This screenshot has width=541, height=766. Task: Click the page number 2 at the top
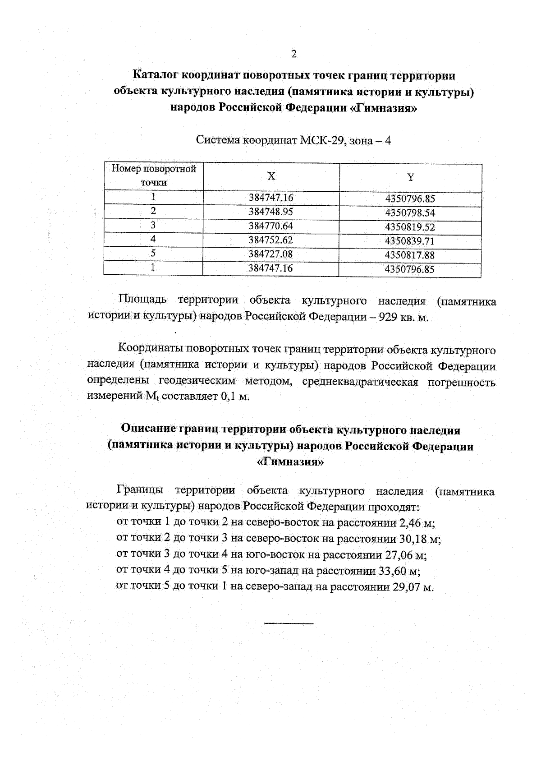tap(294, 55)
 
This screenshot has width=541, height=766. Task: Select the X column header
tap(271, 176)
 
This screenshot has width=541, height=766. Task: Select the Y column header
tap(410, 177)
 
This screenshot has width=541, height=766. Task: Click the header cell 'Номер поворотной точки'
tap(154, 176)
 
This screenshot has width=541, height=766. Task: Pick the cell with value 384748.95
tap(271, 212)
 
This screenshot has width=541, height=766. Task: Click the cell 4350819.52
tap(409, 227)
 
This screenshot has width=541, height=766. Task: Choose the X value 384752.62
tap(271, 240)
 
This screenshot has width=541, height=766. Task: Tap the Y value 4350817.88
tap(409, 255)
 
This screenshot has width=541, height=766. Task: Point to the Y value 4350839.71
tap(409, 241)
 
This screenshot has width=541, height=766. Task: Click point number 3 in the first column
tap(153, 225)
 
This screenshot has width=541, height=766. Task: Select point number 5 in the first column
tap(153, 253)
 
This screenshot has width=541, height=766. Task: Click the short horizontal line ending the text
tap(289, 623)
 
